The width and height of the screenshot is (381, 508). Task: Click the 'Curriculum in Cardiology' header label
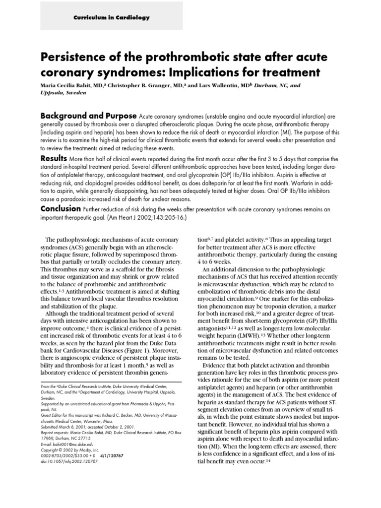[111, 17]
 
